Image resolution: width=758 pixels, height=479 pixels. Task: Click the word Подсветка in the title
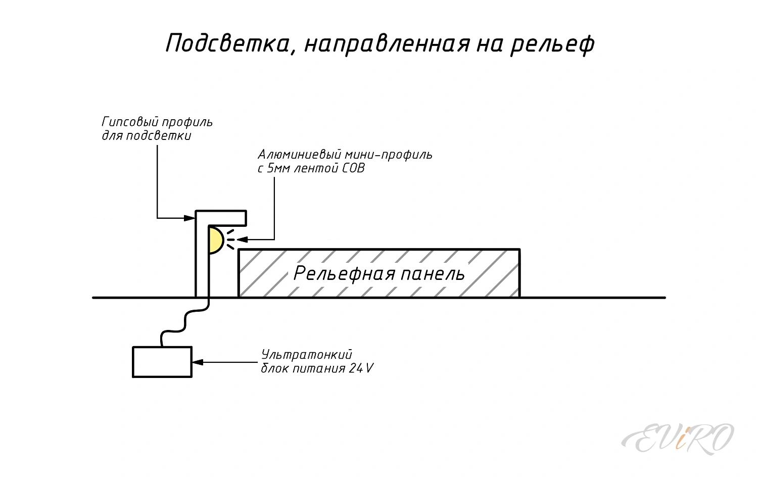tap(227, 43)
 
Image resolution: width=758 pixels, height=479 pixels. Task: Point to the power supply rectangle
tap(162, 362)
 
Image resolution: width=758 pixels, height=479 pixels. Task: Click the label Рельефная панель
tap(379, 273)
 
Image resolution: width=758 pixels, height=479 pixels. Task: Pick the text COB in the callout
tap(353, 168)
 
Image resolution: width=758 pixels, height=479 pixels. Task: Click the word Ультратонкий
tap(306, 355)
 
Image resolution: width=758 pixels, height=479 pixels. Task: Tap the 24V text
tap(361, 368)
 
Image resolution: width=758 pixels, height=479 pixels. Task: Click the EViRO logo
tap(678, 438)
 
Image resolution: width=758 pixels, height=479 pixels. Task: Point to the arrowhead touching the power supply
tap(197, 362)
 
